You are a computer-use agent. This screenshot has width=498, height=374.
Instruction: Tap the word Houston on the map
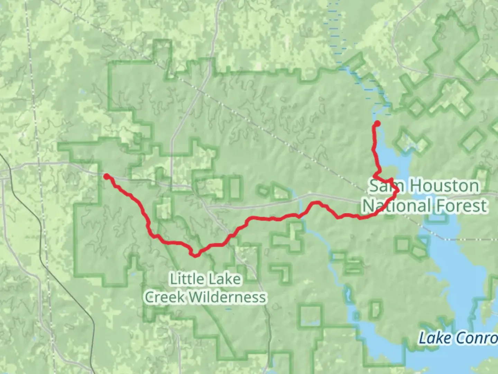pos(445,186)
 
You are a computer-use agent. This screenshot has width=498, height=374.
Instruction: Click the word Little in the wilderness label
pos(186,279)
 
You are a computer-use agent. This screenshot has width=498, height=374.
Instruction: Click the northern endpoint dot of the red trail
pos(377,124)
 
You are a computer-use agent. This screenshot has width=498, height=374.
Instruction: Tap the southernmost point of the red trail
pos(196,256)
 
